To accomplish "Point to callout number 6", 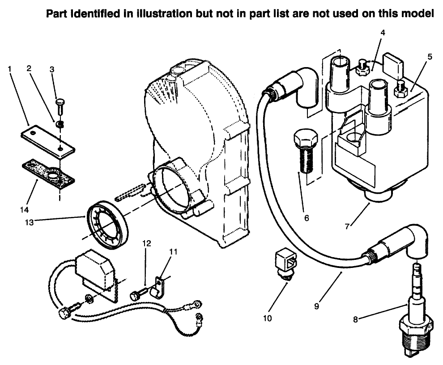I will point(307,218).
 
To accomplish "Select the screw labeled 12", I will point(138,294).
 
